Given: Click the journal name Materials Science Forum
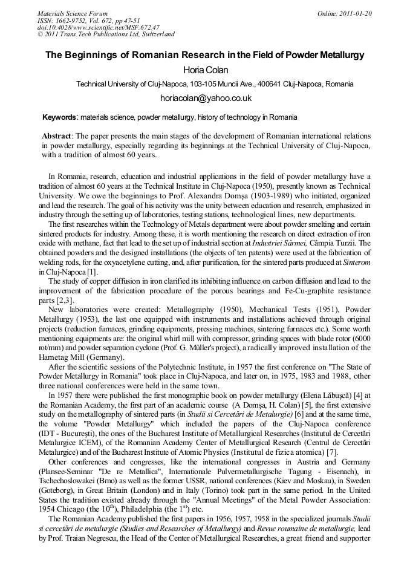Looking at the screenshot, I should [73, 13].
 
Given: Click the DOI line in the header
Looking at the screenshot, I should [99, 27].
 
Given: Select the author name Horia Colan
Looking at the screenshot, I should [205, 70].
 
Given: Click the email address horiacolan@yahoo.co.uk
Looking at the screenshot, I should [206, 98].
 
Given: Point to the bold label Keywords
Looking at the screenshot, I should [60, 116].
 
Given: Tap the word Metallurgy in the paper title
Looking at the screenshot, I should [340, 55].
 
